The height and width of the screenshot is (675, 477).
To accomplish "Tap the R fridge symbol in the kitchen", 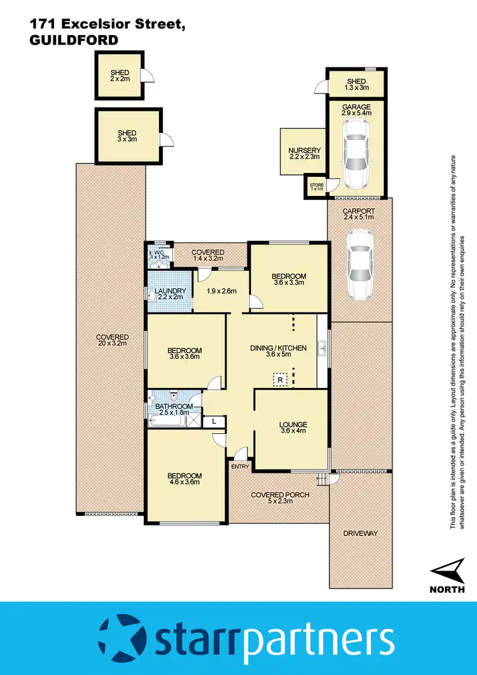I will click(x=280, y=380).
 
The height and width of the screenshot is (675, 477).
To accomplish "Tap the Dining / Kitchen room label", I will click(x=279, y=351).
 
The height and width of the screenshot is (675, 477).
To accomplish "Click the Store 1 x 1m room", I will click(x=316, y=188).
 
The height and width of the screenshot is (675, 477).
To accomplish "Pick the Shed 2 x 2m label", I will click(x=119, y=75).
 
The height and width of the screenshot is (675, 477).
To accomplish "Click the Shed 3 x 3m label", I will click(x=127, y=137).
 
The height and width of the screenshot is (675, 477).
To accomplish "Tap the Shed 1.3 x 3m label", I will click(x=356, y=85).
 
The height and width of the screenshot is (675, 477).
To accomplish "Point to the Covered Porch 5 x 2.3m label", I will click(x=280, y=498).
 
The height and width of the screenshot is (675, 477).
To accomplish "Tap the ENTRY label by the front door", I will click(x=240, y=467).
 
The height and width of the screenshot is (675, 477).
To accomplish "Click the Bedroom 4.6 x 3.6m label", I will click(x=184, y=478).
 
